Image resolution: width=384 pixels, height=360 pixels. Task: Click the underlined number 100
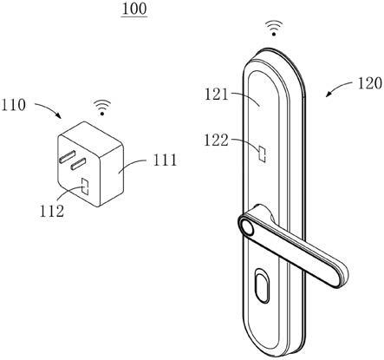pyautogui.click(x=134, y=9)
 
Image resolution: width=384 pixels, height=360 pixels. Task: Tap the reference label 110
pyautogui.click(x=14, y=105)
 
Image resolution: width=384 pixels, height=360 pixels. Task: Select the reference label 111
pyautogui.click(x=165, y=160)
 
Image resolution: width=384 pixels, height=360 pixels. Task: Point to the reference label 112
pyautogui.click(x=52, y=211)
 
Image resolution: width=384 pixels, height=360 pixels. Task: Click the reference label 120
pyautogui.click(x=370, y=84)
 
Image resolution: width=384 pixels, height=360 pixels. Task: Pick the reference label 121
pyautogui.click(x=217, y=95)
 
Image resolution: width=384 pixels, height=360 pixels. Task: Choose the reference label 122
pyautogui.click(x=216, y=141)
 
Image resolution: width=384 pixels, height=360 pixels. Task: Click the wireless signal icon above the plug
pyautogui.click(x=102, y=108)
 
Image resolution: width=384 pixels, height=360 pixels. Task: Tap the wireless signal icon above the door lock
pyautogui.click(x=274, y=28)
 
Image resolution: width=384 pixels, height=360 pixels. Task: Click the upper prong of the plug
pyautogui.click(x=68, y=155)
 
